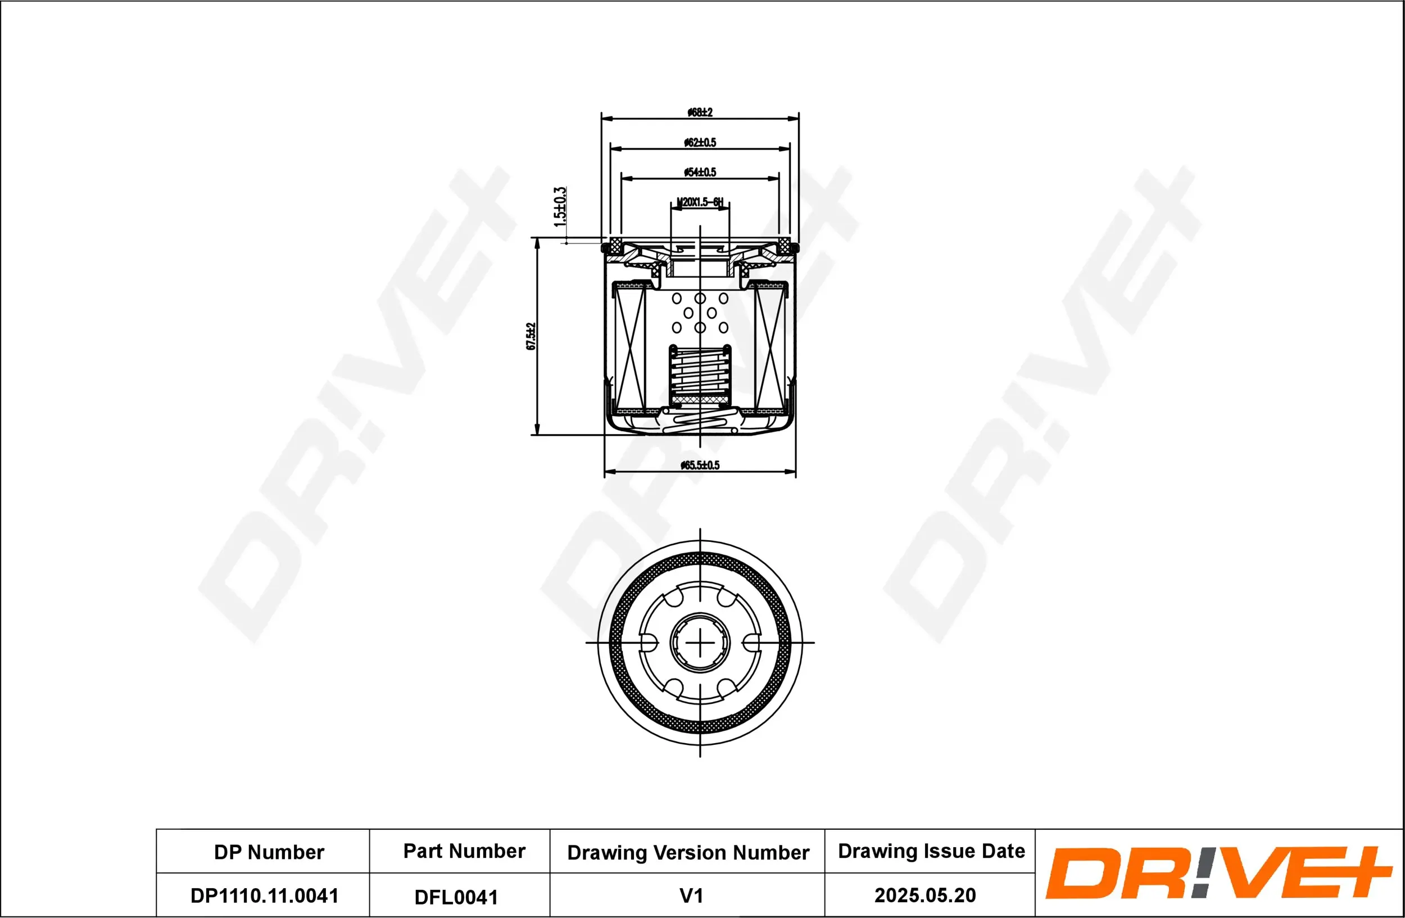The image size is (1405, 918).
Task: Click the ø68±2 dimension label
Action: pos(700,112)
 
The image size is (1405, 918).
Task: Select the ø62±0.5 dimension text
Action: pos(700,142)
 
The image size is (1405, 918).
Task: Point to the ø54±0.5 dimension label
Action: pos(700,173)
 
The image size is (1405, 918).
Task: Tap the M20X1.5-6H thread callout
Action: pos(700,202)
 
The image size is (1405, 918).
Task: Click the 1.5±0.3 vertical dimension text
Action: pos(560,207)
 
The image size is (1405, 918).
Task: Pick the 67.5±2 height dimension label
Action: pos(531,337)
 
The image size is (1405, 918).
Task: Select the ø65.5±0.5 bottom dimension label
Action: pos(700,465)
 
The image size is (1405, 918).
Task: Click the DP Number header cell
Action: pos(269,852)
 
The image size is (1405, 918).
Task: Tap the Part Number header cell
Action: pos(464,851)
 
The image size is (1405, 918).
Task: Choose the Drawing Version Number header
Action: pos(688,852)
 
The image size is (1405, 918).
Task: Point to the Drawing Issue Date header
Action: pos(931,851)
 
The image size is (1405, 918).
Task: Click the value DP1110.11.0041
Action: pos(264,896)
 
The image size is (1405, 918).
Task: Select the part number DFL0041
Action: pos(456,897)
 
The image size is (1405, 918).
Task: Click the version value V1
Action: pos(691,896)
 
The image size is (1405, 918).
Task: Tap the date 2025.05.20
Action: pos(924,896)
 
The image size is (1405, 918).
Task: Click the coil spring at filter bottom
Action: pos(700,422)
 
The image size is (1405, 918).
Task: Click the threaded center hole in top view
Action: pos(700,643)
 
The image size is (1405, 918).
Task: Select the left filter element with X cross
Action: pos(630,349)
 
